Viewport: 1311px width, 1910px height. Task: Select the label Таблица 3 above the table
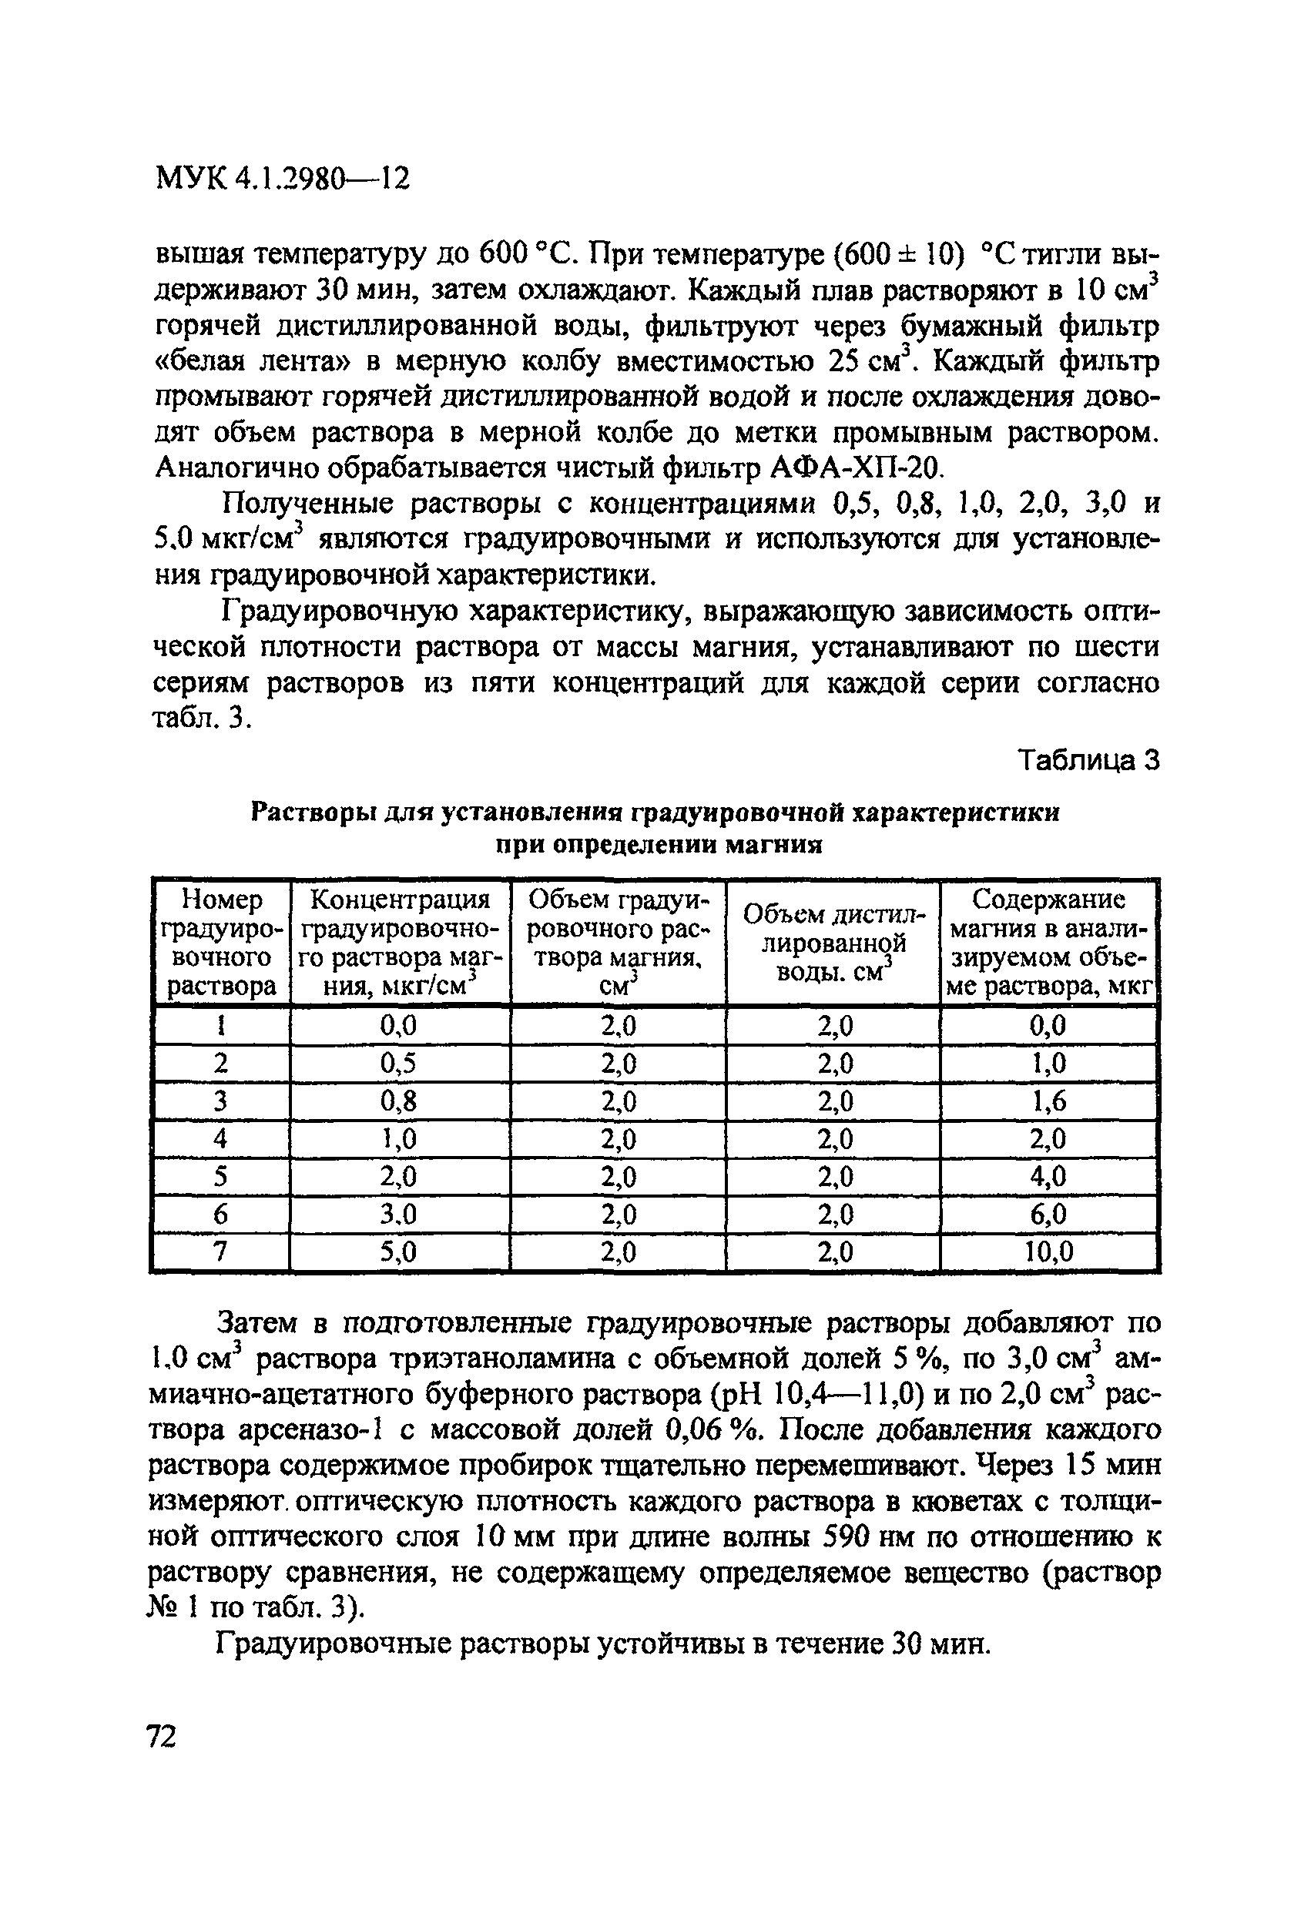[x=1088, y=761]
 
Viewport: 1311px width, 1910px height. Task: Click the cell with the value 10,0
[x=1048, y=1252]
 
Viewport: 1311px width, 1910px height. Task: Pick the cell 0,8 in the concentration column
[x=399, y=1101]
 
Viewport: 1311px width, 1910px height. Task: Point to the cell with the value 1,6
[x=1049, y=1101]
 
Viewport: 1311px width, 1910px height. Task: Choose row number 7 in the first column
[x=220, y=1252]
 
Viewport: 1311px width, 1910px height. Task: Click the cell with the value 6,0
[x=1049, y=1214]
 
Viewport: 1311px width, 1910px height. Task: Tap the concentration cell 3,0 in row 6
[x=399, y=1214]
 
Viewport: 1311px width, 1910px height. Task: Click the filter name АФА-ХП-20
[x=853, y=468]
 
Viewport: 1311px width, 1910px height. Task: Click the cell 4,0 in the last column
[x=1049, y=1176]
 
